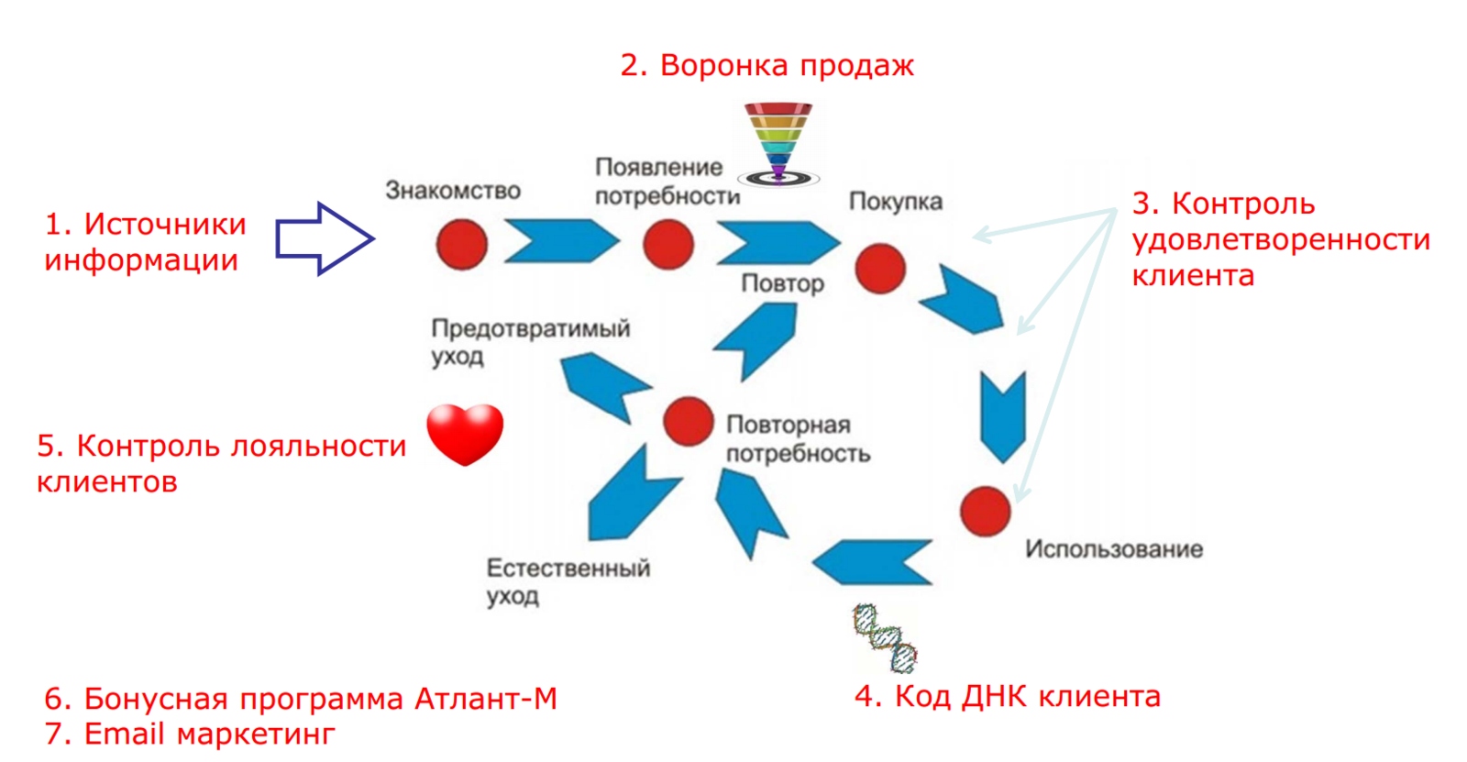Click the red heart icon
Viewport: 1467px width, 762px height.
click(465, 433)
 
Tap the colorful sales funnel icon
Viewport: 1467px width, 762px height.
click(778, 143)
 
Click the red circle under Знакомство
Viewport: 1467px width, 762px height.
click(461, 244)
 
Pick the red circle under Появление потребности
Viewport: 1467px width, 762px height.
click(668, 244)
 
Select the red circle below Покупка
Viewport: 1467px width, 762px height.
click(880, 268)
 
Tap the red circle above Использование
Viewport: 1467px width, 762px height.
click(986, 511)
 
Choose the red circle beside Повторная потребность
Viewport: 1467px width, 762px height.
click(688, 421)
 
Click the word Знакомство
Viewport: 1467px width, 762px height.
click(453, 191)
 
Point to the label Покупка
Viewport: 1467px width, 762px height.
click(895, 202)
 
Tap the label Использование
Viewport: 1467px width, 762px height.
click(1114, 549)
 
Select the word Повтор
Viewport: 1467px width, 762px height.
click(782, 283)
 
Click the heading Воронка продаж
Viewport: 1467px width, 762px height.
click(767, 66)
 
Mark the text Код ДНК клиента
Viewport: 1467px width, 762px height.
click(1008, 696)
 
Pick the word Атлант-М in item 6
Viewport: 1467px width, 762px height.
click(486, 699)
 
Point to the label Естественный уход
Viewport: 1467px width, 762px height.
click(568, 581)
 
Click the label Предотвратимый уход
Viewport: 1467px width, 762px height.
click(530, 341)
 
